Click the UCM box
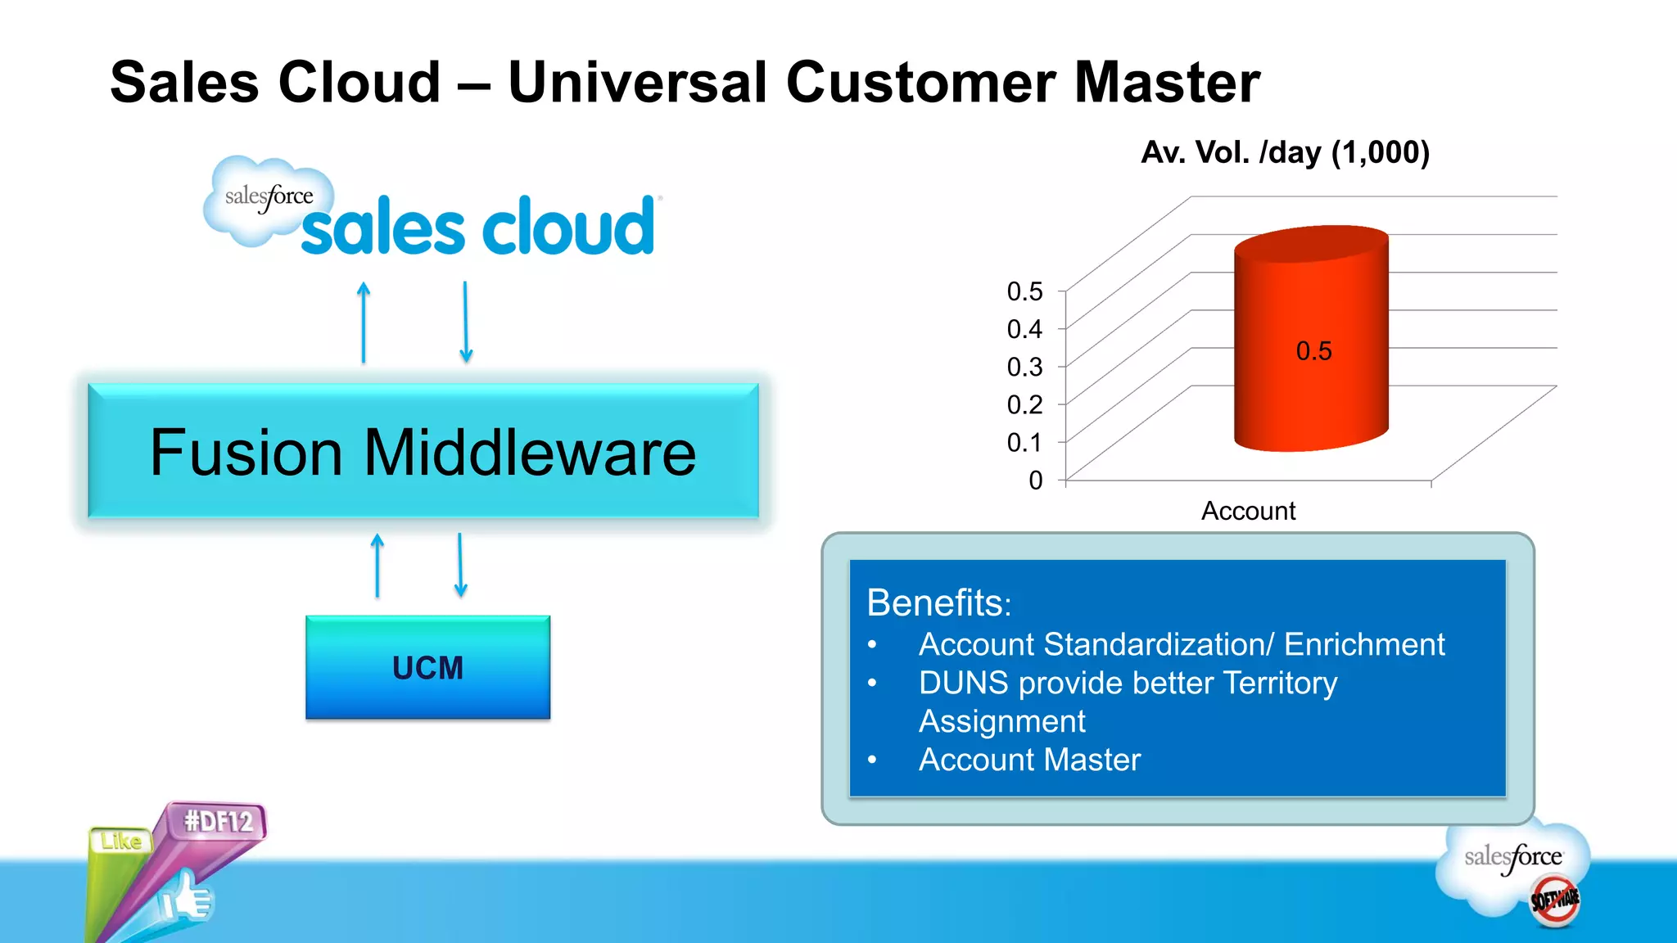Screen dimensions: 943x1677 pos(427,667)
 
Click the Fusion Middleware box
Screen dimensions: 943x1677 pos(423,451)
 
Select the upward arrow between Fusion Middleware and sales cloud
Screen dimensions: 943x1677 pos(364,323)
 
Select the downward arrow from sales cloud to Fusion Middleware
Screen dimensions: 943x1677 pos(465,322)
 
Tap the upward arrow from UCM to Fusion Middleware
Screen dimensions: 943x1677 pos(377,566)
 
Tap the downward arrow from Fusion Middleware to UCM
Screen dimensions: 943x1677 pos(460,565)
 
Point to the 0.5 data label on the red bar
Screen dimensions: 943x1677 pos(1313,351)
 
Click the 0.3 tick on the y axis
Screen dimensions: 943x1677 pos(1025,367)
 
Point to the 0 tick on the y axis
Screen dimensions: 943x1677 pos(1036,481)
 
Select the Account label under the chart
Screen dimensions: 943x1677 pos(1248,511)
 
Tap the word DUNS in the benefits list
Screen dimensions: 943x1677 pos(963,683)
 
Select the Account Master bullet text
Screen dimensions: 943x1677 pos(1029,760)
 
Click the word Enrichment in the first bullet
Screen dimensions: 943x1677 pos(1363,644)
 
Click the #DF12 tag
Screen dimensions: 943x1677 pos(218,821)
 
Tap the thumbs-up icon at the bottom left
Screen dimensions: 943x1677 pos(187,899)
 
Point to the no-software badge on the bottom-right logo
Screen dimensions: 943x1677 pos(1555,900)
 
